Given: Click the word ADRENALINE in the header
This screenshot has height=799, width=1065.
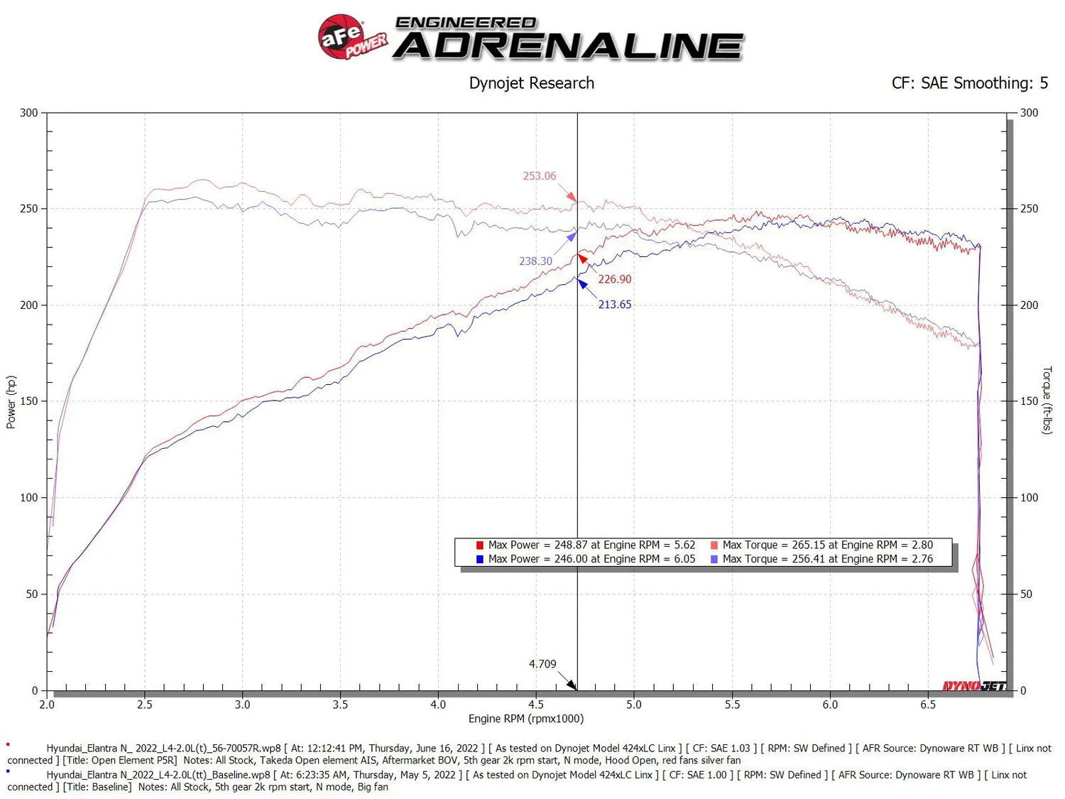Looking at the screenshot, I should [x=568, y=46].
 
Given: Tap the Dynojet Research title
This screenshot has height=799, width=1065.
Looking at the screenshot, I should [x=531, y=83].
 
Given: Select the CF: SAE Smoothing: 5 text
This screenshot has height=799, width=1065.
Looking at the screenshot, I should [x=969, y=83].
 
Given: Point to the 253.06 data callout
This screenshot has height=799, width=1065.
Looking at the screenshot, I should [x=540, y=176].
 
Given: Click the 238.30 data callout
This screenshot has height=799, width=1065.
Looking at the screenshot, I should [x=535, y=261].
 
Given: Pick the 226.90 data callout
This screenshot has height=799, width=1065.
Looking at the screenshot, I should [x=614, y=279].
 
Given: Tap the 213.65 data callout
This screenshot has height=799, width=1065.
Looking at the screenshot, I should [x=614, y=305].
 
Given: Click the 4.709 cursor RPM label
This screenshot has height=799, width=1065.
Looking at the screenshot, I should [x=542, y=664].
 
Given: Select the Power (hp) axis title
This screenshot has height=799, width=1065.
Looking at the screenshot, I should [x=11, y=402].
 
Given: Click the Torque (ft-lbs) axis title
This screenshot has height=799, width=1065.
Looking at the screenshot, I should [x=1047, y=400].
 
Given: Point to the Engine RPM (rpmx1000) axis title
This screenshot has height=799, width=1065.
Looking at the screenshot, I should [x=525, y=719].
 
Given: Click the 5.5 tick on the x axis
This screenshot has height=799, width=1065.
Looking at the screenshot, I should [x=732, y=705].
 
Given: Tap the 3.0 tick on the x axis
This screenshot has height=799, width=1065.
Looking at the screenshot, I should [x=242, y=705].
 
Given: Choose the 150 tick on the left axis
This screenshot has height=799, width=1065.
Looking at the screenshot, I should [x=29, y=401].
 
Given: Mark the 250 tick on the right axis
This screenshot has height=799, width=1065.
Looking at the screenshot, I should [x=1029, y=209].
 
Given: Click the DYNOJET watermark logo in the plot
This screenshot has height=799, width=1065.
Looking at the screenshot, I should [x=973, y=685].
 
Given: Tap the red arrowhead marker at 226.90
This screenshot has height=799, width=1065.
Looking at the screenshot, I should [x=582, y=259].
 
